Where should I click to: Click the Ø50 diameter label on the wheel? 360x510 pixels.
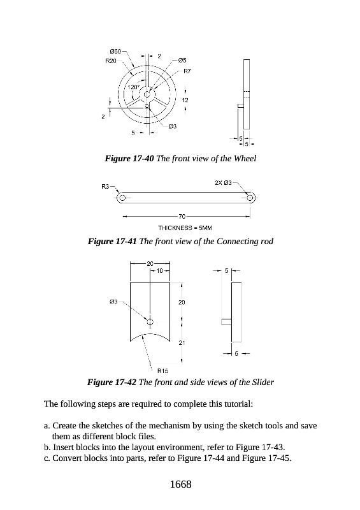[115, 52]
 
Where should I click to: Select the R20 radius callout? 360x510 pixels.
[111, 61]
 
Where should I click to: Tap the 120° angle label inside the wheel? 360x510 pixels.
[133, 87]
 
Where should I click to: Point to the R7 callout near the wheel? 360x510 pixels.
[187, 71]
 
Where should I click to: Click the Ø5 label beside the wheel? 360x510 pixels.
[182, 60]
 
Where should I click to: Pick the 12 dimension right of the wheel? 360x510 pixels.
[185, 100]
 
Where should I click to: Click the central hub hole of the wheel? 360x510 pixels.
[147, 94]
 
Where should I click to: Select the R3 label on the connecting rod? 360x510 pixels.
[105, 187]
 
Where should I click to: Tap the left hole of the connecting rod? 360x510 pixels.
[122, 198]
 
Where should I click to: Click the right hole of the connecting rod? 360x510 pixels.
[250, 198]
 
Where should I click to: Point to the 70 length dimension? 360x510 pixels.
[182, 216]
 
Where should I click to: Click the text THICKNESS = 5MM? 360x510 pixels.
[185, 228]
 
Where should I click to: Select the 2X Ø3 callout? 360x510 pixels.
[223, 183]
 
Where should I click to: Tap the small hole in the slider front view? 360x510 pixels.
[150, 322]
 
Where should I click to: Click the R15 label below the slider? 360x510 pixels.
[162, 370]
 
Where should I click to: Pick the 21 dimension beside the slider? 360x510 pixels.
[182, 342]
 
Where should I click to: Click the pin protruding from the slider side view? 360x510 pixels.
[226, 322]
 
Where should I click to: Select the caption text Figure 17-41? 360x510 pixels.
[113, 242]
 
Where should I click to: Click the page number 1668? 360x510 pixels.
[181, 484]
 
